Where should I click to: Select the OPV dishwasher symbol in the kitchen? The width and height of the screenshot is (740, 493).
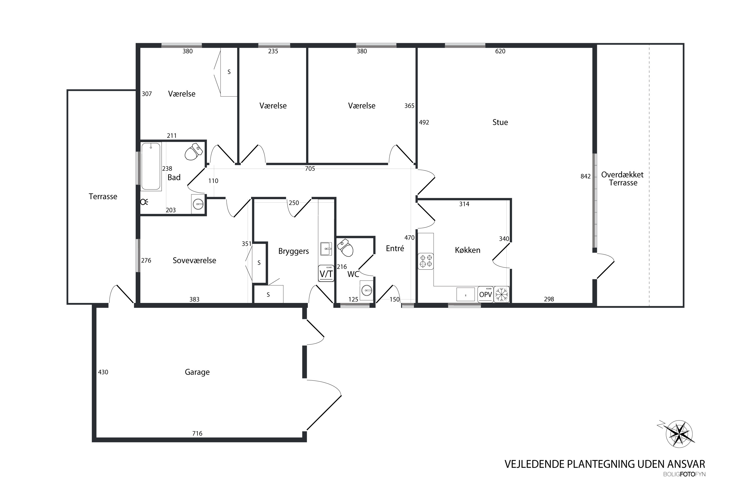485,294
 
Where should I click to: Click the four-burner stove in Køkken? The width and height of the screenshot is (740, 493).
426,261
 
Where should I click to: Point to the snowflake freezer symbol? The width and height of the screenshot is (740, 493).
501,294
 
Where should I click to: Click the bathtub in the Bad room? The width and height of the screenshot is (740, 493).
151,166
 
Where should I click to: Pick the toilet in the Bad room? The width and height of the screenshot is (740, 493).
193,152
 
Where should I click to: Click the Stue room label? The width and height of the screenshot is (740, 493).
500,122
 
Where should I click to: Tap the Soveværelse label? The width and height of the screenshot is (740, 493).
194,260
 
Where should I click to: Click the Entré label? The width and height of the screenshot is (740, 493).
395,248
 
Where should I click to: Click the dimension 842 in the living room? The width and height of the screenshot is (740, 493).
586,176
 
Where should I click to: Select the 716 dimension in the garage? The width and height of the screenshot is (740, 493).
197,433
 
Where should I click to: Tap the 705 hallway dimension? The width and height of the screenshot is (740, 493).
310,169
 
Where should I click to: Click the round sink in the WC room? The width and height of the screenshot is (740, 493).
367,290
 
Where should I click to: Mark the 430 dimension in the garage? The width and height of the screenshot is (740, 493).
103,372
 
